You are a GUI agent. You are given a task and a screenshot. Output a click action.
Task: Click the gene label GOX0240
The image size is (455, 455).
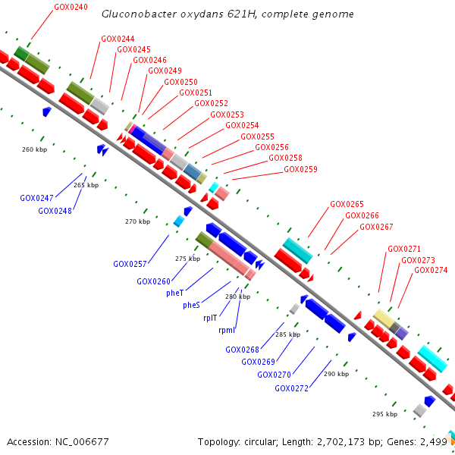coord(71,7)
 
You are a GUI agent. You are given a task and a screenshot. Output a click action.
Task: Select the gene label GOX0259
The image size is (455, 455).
coord(300,169)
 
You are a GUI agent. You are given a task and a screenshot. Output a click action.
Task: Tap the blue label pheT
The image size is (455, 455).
coord(174,293)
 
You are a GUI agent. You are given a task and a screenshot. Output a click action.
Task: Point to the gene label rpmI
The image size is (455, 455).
coord(227,330)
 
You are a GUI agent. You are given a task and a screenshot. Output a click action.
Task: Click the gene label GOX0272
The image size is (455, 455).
coord(291,388)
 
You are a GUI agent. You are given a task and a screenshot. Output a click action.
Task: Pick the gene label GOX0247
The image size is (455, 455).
coord(36,197)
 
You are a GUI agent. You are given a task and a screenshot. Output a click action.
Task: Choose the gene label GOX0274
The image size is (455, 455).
coord(431,270)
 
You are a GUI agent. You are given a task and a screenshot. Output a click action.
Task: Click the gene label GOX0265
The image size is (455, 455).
coord(347,204)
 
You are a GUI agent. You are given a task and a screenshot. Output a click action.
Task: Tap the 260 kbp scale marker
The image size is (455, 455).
coord(34,149)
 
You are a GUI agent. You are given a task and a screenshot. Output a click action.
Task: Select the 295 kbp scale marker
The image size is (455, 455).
coord(384,414)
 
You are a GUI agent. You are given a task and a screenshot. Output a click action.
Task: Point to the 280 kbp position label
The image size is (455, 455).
coord(237,297)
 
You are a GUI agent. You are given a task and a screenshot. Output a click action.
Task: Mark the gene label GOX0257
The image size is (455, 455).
coord(130,264)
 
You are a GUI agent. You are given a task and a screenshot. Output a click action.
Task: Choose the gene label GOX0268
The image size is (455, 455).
coord(242,350)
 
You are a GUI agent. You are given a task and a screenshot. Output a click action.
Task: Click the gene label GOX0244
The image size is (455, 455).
coord(118,39)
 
